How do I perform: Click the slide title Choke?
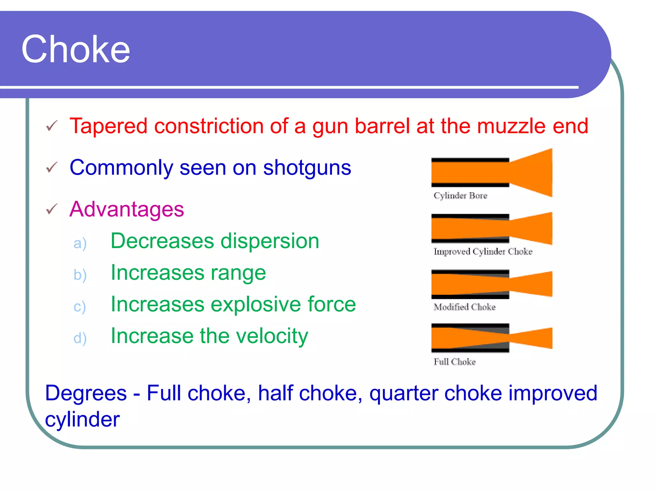76,49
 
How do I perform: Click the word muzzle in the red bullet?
511,126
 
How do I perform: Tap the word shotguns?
307,168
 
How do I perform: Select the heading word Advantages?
127,209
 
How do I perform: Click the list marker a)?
80,243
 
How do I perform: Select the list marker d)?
80,338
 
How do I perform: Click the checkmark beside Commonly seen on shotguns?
52,167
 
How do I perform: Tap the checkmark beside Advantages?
52,209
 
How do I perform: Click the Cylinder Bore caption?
460,196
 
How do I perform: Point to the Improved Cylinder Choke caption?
483,252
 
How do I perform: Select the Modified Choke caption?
464,307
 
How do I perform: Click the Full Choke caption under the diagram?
454,362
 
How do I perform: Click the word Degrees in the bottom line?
86,393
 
